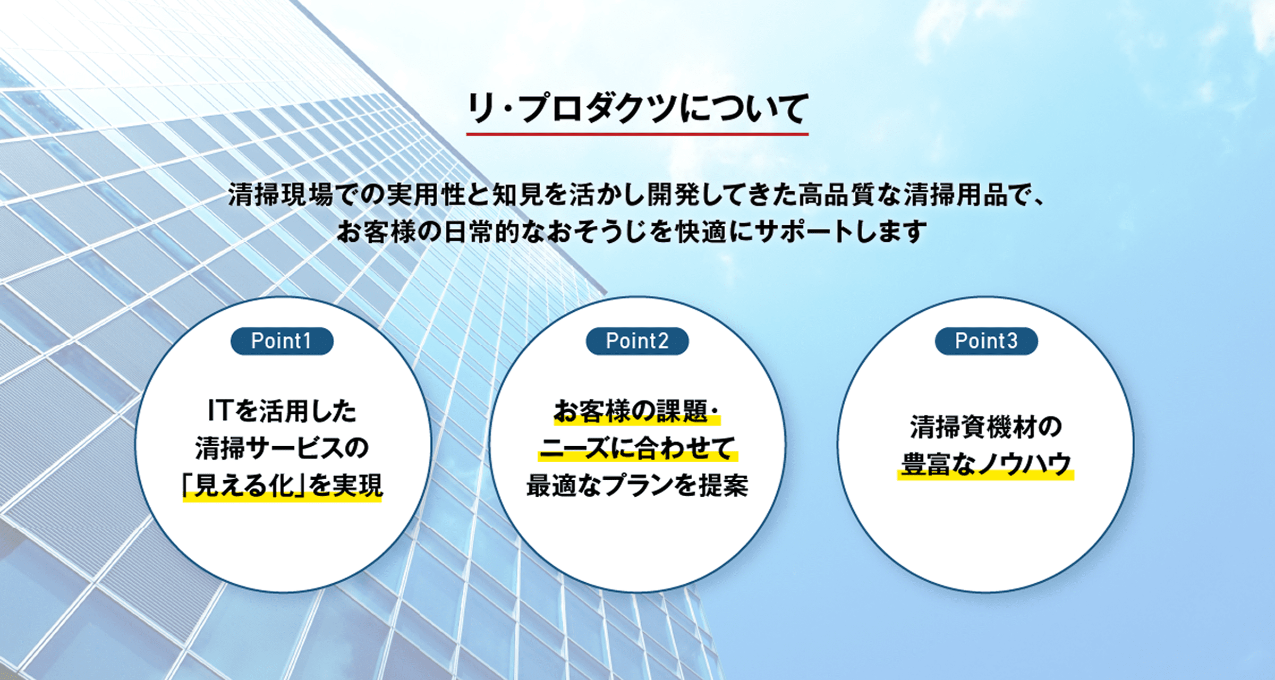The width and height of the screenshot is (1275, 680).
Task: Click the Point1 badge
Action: click(x=282, y=341)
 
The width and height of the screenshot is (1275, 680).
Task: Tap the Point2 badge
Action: click(x=637, y=341)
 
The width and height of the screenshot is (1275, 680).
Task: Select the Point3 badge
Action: click(x=986, y=341)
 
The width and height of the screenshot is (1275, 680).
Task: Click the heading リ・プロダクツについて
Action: click(x=637, y=108)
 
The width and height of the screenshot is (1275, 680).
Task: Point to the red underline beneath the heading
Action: click(x=637, y=134)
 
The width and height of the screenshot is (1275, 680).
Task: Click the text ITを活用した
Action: click(x=282, y=411)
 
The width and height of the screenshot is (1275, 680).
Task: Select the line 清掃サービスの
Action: click(x=282, y=448)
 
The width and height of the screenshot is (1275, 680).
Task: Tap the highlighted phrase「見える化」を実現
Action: click(x=282, y=485)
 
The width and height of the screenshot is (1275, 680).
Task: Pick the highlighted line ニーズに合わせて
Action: click(x=637, y=448)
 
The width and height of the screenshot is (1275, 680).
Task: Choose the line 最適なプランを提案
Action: click(x=637, y=485)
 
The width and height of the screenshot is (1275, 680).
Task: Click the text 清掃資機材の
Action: click(x=986, y=427)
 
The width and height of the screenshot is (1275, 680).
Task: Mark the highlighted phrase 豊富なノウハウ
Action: click(x=986, y=464)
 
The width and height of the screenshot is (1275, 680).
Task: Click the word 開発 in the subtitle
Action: click(x=674, y=194)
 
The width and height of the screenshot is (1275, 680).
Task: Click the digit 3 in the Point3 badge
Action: click(x=1012, y=341)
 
